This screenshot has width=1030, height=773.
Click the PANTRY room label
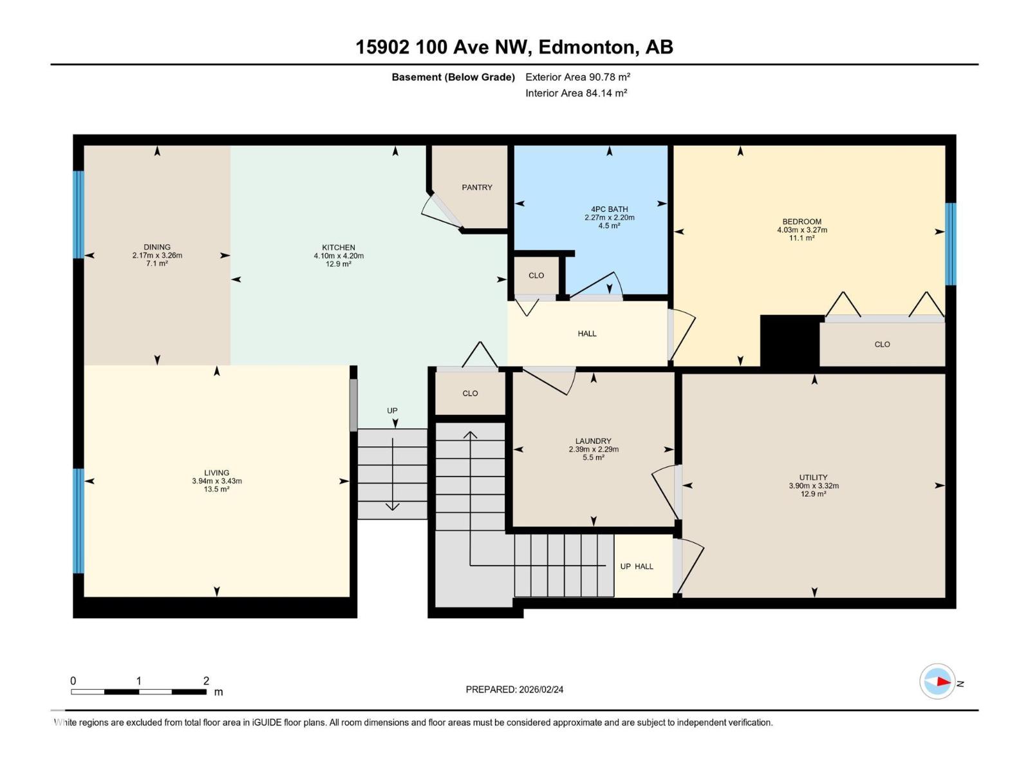(476, 187)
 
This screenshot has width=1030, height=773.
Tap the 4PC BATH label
(609, 209)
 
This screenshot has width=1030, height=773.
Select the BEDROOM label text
(801, 222)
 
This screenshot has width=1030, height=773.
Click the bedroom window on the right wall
(950, 244)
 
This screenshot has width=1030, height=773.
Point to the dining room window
(79, 215)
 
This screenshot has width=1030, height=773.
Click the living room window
(79, 520)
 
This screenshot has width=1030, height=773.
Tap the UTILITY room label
(814, 477)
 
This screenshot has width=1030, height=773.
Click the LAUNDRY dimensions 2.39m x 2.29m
(593, 450)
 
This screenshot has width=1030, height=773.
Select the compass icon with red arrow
(937, 682)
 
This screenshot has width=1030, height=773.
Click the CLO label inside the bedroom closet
(882, 345)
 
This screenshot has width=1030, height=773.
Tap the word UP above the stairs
(392, 410)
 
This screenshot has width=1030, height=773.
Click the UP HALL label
(636, 566)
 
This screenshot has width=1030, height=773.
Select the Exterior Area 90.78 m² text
(577, 77)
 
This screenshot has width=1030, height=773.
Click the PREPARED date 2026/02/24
(514, 689)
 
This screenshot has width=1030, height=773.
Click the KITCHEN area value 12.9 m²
(338, 264)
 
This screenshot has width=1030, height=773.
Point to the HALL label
(586, 334)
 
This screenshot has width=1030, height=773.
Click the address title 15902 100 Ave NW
(442, 47)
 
